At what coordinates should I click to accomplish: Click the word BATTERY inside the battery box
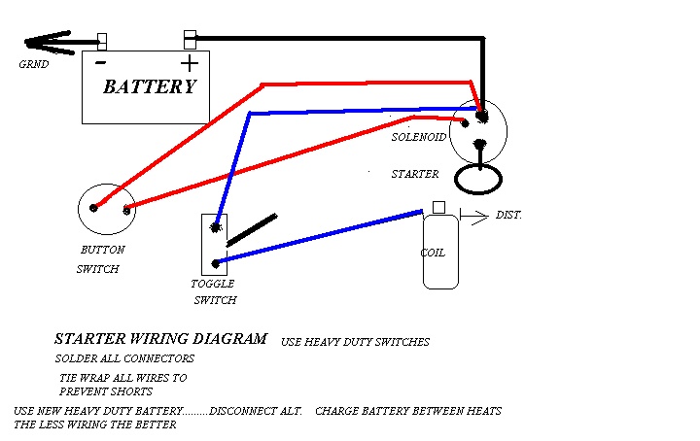click(150, 86)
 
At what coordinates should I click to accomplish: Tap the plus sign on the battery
click(190, 63)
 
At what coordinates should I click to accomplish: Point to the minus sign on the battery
click(101, 62)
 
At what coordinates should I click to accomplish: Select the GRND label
click(34, 64)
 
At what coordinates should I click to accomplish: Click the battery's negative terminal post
click(102, 42)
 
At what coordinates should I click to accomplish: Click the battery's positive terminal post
click(191, 40)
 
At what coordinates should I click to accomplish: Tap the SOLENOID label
click(419, 137)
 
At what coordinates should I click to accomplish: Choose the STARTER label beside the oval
click(415, 174)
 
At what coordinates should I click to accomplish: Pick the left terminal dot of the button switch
click(93, 208)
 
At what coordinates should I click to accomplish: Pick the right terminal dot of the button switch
click(126, 210)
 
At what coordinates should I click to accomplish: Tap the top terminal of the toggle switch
click(216, 227)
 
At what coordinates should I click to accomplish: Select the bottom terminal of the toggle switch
click(216, 263)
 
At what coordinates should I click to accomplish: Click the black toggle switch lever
click(252, 230)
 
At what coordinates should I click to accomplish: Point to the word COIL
click(433, 253)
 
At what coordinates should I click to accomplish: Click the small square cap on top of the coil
click(438, 207)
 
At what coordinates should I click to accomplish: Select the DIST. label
click(508, 215)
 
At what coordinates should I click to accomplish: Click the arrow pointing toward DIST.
click(474, 217)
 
